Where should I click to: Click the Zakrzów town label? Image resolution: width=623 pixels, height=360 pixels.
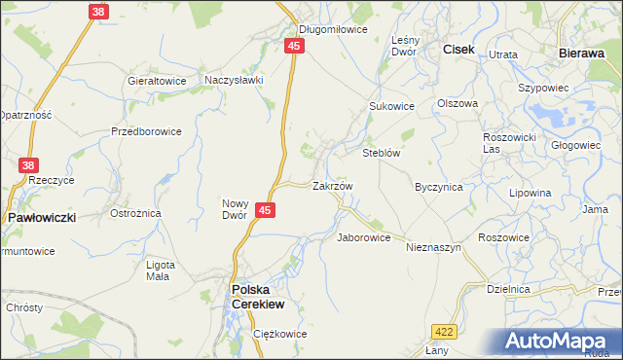332,185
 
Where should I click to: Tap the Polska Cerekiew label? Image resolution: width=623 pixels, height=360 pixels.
257,296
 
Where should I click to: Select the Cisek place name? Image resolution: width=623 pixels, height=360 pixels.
458,48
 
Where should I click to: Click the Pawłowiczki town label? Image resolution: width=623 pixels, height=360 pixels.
42,218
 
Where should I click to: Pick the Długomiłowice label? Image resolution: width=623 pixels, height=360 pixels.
333,29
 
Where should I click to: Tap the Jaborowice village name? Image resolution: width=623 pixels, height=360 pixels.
363,236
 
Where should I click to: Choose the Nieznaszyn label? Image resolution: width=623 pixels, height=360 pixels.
433,248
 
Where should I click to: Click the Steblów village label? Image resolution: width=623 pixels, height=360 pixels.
383,153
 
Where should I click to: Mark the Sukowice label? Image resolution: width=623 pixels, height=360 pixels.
391,106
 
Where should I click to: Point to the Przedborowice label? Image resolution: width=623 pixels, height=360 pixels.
146,131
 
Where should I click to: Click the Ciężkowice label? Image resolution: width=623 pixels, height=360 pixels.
279,334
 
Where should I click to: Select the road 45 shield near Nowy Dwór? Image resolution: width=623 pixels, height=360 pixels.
266,209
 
